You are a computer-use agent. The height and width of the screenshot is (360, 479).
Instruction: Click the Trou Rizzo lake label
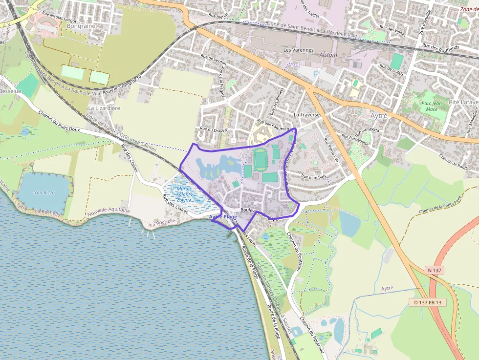pos(44,192)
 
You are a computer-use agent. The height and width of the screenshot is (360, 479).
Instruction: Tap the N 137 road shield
pos(435,270)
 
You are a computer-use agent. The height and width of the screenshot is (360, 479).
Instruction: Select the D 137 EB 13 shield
pos(427,302)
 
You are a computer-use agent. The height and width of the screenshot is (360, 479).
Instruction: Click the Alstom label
pos(327,55)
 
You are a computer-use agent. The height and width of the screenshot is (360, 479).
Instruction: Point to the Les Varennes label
pos(298,50)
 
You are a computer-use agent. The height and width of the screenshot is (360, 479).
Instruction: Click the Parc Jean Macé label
pos(431,106)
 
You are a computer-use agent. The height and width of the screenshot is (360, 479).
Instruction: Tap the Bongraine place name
pos(81,25)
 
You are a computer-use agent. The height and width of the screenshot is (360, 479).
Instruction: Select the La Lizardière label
pos(104,108)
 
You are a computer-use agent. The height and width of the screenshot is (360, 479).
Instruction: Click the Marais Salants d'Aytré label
pos(184,194)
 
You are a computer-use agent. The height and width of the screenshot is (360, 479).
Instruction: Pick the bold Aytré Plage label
pos(223,216)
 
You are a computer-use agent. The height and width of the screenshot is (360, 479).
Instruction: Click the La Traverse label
pos(306,114)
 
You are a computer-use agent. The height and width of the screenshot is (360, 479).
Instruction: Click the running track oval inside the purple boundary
pos(261,159)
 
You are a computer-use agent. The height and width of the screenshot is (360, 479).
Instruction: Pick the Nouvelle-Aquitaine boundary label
pos(108,211)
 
